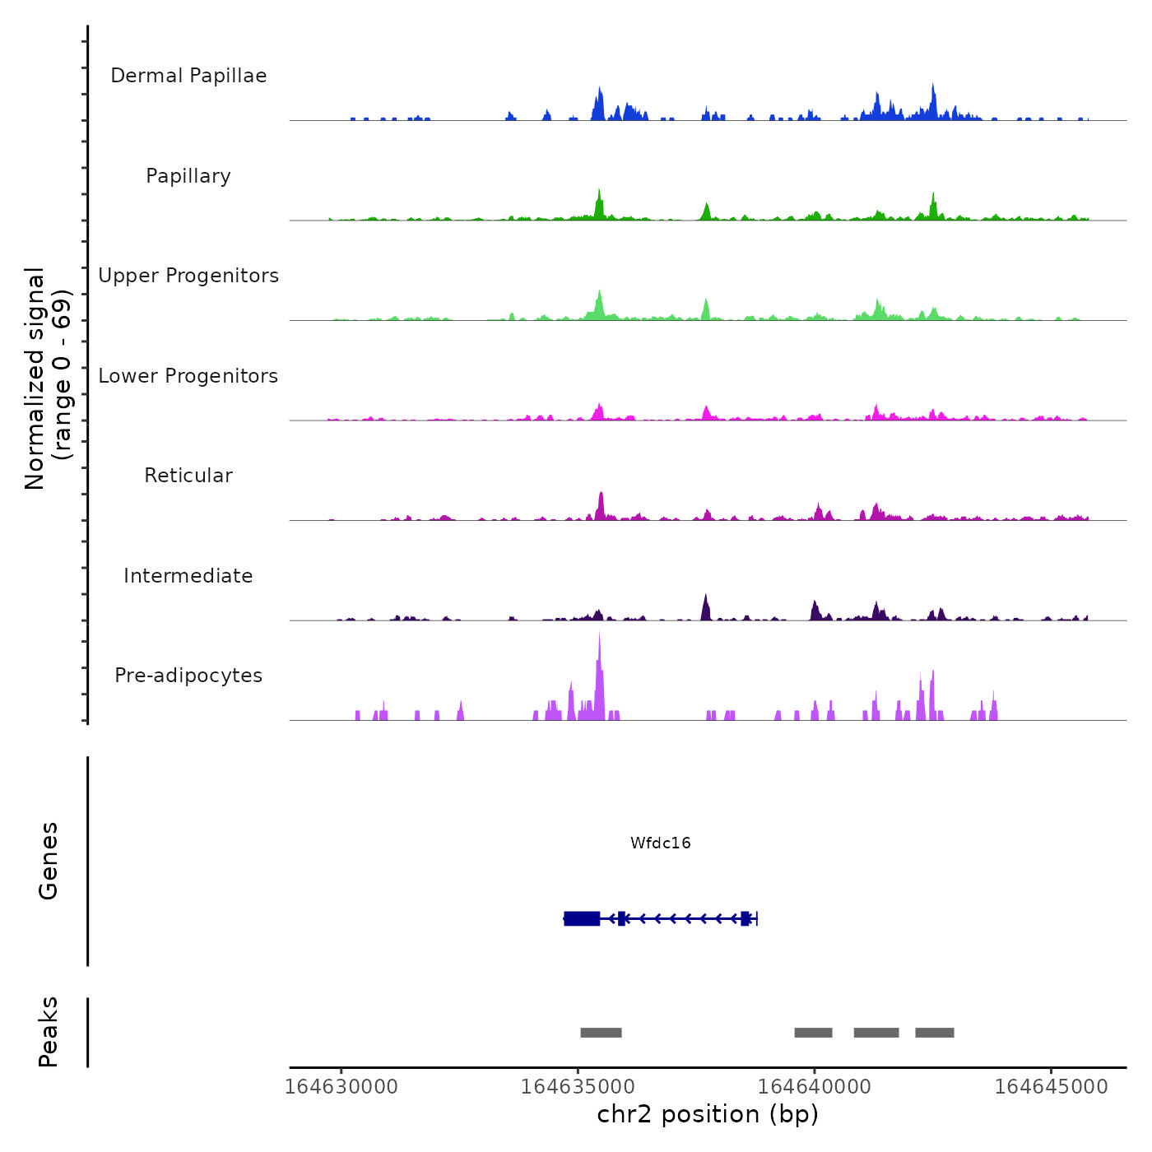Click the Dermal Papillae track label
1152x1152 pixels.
tap(188, 76)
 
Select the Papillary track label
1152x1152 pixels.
tap(188, 176)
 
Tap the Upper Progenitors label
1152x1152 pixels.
tap(188, 276)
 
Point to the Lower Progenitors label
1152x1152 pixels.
tap(188, 376)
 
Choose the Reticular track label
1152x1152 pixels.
tap(188, 476)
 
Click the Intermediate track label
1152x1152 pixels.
tap(188, 576)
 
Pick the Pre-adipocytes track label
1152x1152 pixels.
tap(188, 676)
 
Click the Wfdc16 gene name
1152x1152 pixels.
tap(660, 843)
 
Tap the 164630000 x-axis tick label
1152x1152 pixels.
tap(341, 1087)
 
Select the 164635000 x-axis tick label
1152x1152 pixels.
tap(578, 1087)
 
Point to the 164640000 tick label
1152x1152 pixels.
tap(814, 1087)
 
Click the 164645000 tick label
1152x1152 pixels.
tap(1051, 1087)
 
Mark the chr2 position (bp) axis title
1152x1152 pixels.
tap(708, 1114)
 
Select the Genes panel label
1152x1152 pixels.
tap(49, 861)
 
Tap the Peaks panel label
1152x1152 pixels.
tap(49, 1032)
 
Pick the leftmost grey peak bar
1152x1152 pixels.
tap(601, 1033)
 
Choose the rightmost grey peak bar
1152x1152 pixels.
tap(934, 1033)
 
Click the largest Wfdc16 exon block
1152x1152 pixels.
tap(582, 918)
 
